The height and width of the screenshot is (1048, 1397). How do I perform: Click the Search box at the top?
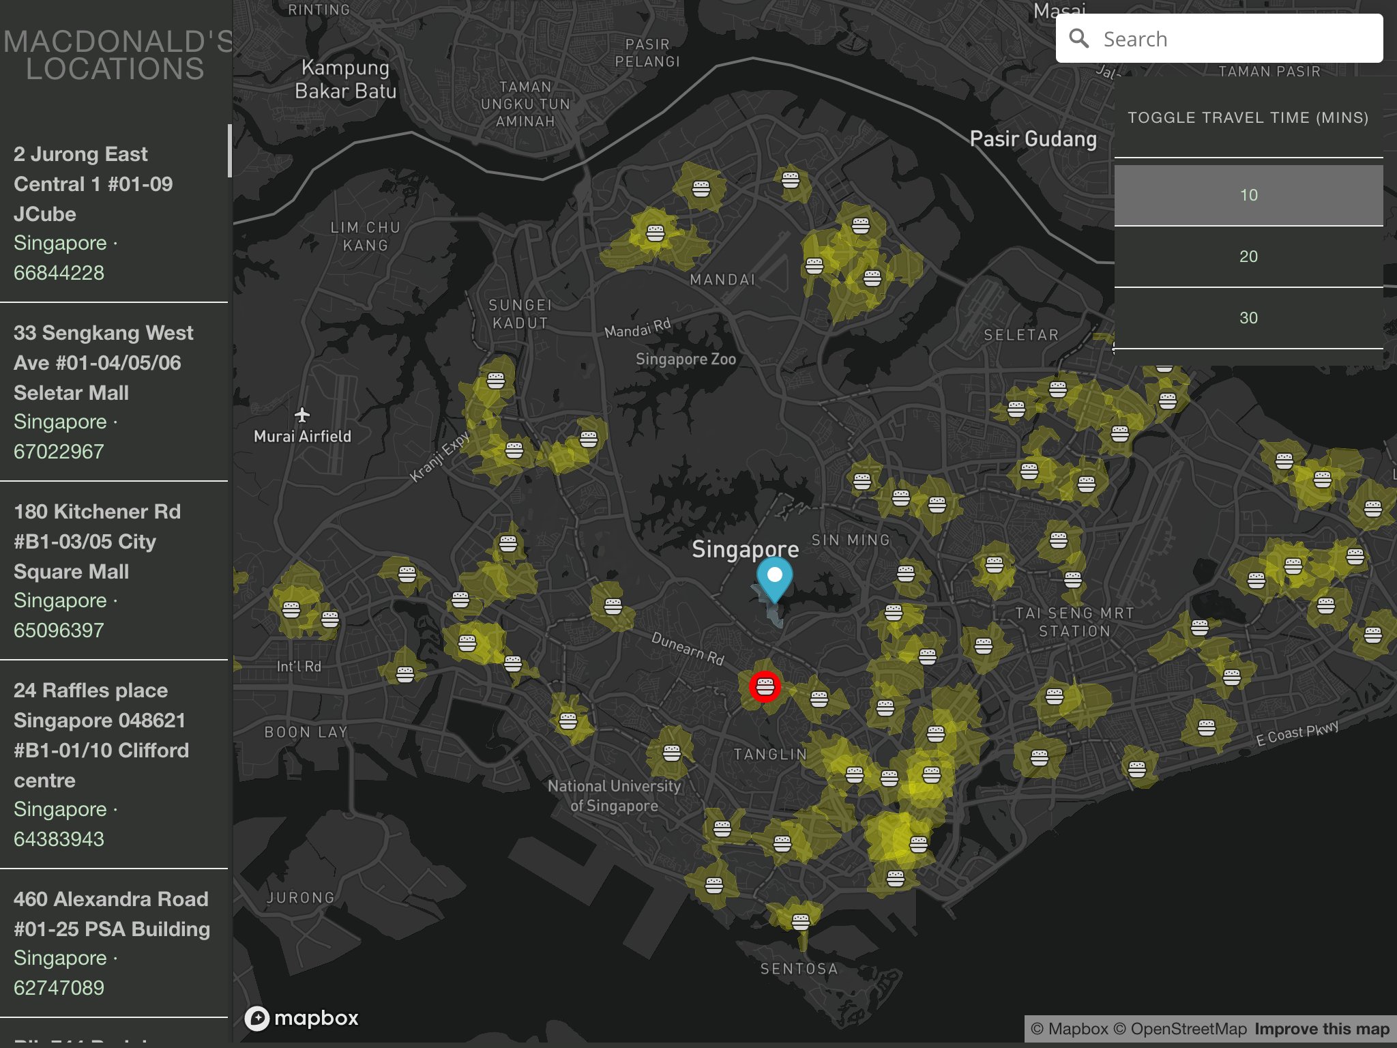coord(1228,39)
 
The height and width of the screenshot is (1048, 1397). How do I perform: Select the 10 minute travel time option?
coord(1248,195)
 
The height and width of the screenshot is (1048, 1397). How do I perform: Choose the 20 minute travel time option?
coord(1248,257)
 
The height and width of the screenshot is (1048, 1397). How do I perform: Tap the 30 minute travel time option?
coord(1248,318)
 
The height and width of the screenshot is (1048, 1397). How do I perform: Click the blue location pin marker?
coord(774,577)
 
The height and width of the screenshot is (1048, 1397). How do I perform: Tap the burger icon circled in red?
coord(765,686)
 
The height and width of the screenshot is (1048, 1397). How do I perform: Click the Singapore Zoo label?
coord(686,359)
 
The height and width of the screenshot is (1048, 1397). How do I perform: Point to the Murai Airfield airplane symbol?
coord(302,414)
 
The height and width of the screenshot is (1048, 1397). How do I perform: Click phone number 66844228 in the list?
coord(59,273)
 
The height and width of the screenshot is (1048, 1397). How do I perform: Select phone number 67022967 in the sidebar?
coord(59,452)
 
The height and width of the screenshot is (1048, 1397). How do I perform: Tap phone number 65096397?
coord(59,630)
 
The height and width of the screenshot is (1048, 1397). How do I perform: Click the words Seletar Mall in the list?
coord(71,393)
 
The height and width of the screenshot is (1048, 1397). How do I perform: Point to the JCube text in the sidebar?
coord(45,214)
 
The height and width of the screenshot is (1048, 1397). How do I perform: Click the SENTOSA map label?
coord(799,969)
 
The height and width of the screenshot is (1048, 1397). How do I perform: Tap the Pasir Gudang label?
coord(1033,139)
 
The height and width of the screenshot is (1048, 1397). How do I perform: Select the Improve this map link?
coord(1321,1029)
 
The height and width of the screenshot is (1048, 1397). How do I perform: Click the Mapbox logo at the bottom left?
coord(302,1018)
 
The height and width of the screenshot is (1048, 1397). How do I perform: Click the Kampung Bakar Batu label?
coord(345,79)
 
